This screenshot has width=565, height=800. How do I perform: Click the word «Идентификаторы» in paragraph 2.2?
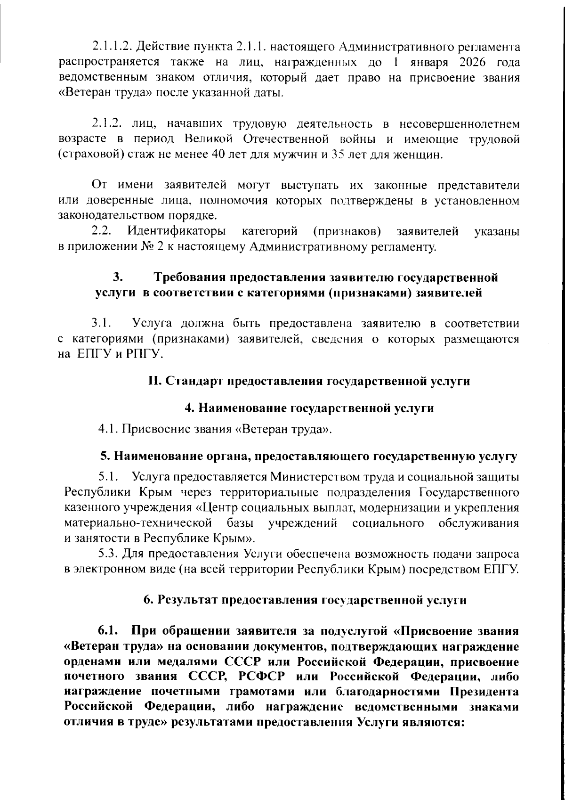coord(176,231)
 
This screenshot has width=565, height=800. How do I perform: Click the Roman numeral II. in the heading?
coord(155,381)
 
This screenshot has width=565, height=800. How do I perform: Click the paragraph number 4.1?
coord(108,429)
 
